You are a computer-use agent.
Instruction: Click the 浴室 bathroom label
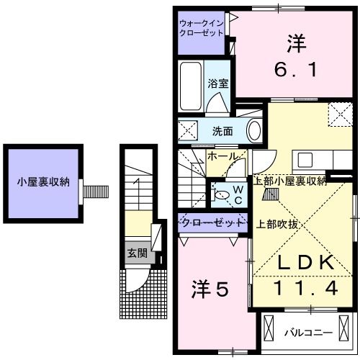click(x=218, y=84)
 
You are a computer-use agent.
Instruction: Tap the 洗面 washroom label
click(x=222, y=131)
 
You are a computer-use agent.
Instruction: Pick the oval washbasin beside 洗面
click(x=253, y=130)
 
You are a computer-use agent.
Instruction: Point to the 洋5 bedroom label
click(x=211, y=289)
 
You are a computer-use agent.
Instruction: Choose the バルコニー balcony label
click(x=307, y=333)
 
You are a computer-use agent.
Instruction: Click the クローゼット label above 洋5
click(x=211, y=222)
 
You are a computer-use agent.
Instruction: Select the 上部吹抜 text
click(x=277, y=223)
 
